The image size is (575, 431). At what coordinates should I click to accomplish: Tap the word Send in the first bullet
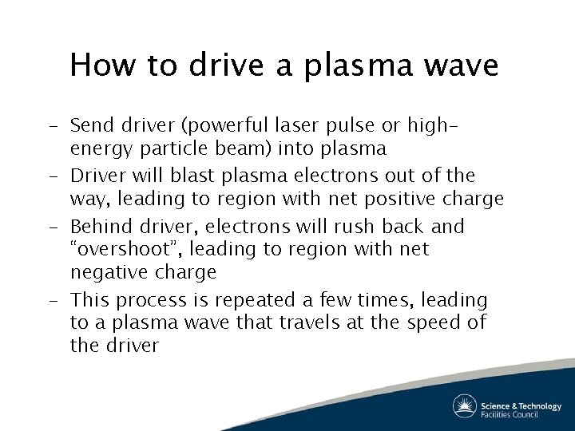tap(91, 125)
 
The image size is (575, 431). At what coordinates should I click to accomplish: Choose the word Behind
tap(99, 227)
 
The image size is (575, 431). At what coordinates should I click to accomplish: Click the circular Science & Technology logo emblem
tap(464, 405)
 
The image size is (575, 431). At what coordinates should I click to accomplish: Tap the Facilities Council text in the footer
tap(510, 413)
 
